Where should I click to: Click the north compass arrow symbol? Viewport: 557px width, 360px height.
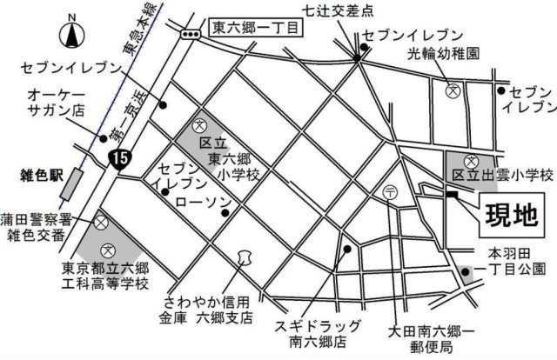(70, 36)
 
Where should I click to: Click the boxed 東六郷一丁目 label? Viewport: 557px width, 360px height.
(256, 29)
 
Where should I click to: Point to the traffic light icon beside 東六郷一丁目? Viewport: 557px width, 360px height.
(190, 32)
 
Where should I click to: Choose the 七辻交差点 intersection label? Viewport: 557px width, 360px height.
(340, 10)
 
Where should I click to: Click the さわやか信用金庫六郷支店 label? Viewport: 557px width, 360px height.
(209, 308)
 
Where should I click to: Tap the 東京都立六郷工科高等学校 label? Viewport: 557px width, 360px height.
(106, 276)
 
